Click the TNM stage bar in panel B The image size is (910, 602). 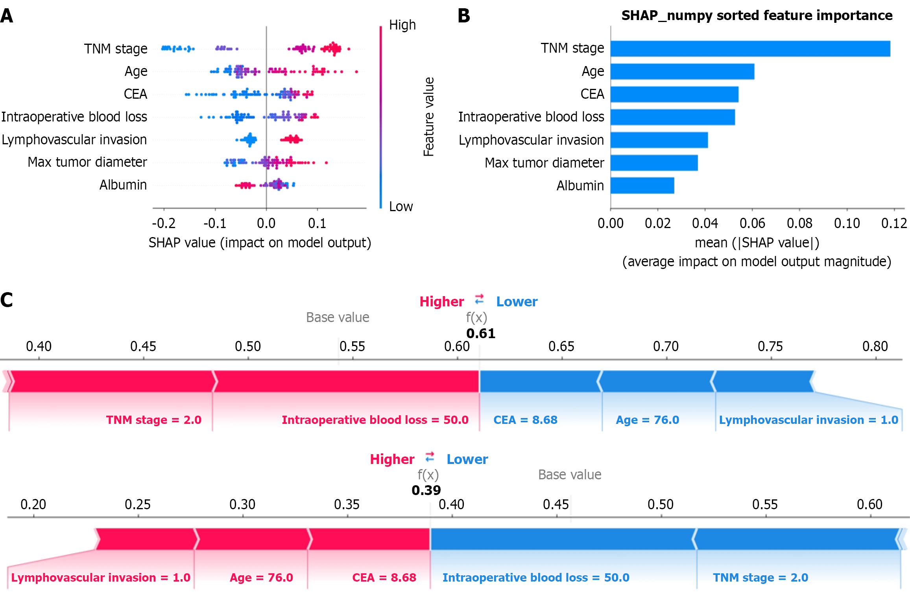tap(750, 49)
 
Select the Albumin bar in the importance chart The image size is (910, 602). tap(642, 186)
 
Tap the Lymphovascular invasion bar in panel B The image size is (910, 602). tap(659, 140)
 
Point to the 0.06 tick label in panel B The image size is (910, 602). tap(752, 223)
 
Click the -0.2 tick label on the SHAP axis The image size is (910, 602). tap(164, 223)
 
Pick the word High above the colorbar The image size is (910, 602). tap(402, 25)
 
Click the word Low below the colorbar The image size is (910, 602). tap(401, 206)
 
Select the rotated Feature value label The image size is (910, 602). tap(428, 117)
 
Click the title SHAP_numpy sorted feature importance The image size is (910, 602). tap(757, 15)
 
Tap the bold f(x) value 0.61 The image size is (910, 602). tap(480, 333)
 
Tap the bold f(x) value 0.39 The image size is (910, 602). tap(426, 490)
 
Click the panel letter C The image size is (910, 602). tap(7, 300)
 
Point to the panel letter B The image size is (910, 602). tap(464, 16)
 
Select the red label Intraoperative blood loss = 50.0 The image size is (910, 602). tap(375, 420)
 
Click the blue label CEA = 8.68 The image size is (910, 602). tap(525, 420)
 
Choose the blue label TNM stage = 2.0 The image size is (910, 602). tap(760, 578)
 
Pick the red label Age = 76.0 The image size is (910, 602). tap(261, 578)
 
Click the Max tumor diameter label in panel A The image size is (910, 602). tap(87, 162)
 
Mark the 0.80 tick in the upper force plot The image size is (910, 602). tap(875, 346)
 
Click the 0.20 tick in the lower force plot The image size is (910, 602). tap(33, 504)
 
